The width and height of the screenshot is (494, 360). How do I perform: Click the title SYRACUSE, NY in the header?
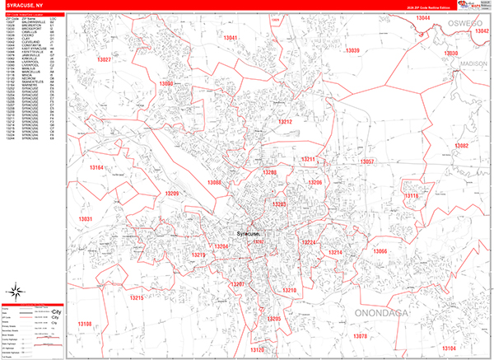[x=25, y=6]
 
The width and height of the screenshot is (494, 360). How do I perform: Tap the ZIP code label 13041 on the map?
[x=231, y=39]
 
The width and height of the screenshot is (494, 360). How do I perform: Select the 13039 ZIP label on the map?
[x=352, y=50]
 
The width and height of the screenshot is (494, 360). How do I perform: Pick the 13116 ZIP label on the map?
[x=411, y=196]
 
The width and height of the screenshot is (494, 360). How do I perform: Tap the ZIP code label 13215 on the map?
[x=137, y=297]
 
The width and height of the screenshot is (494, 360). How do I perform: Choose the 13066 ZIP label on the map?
[x=380, y=250]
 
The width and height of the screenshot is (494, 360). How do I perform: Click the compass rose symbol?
[x=16, y=292]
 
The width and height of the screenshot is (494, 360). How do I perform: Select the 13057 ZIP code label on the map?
[x=367, y=161]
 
